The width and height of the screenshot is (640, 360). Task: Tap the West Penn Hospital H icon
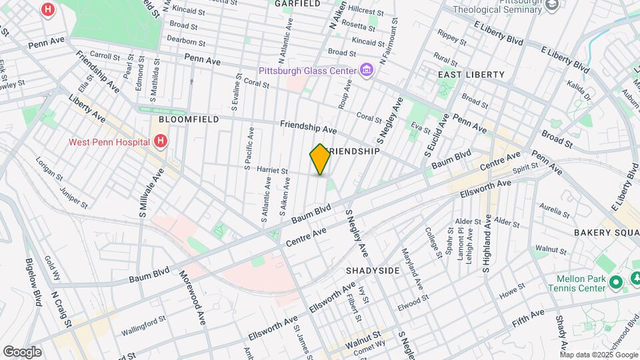[x=160, y=141]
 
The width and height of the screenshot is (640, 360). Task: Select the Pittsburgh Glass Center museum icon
[x=366, y=70]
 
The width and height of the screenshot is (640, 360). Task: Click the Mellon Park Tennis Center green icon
[x=616, y=282]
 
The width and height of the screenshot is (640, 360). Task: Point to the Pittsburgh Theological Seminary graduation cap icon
[x=551, y=5]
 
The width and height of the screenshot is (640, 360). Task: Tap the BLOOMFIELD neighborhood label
[x=179, y=119]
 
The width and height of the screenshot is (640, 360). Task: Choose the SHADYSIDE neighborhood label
[x=373, y=270]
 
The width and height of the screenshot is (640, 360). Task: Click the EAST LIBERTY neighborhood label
[x=471, y=75]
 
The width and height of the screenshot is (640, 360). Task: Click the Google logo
[x=22, y=352]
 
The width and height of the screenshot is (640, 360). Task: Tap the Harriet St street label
[x=271, y=171]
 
